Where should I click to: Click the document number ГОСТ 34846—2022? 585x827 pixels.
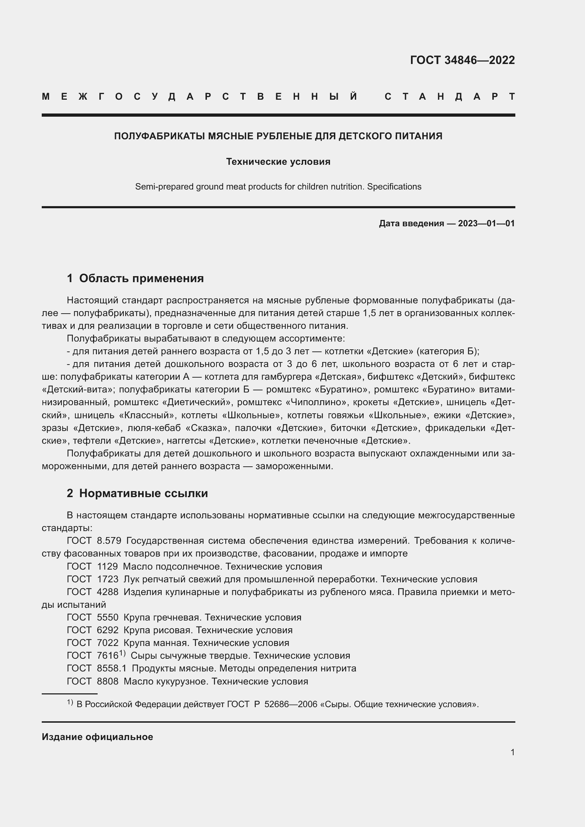(462, 60)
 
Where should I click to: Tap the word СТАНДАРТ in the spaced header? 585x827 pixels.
(450, 97)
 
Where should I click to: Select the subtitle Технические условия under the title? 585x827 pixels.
(278, 162)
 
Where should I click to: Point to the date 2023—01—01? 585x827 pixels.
(486, 223)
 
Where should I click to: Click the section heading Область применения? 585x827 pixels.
(141, 278)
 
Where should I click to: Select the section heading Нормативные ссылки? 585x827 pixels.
(143, 493)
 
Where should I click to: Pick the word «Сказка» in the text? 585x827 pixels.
(207, 428)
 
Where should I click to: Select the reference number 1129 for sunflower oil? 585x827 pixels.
(108, 566)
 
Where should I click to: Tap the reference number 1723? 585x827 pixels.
(108, 579)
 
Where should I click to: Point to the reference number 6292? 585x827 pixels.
(108, 630)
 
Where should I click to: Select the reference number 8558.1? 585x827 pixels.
(112, 668)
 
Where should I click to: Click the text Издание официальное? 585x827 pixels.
(97, 737)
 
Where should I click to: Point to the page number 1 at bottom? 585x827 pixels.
(512, 752)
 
